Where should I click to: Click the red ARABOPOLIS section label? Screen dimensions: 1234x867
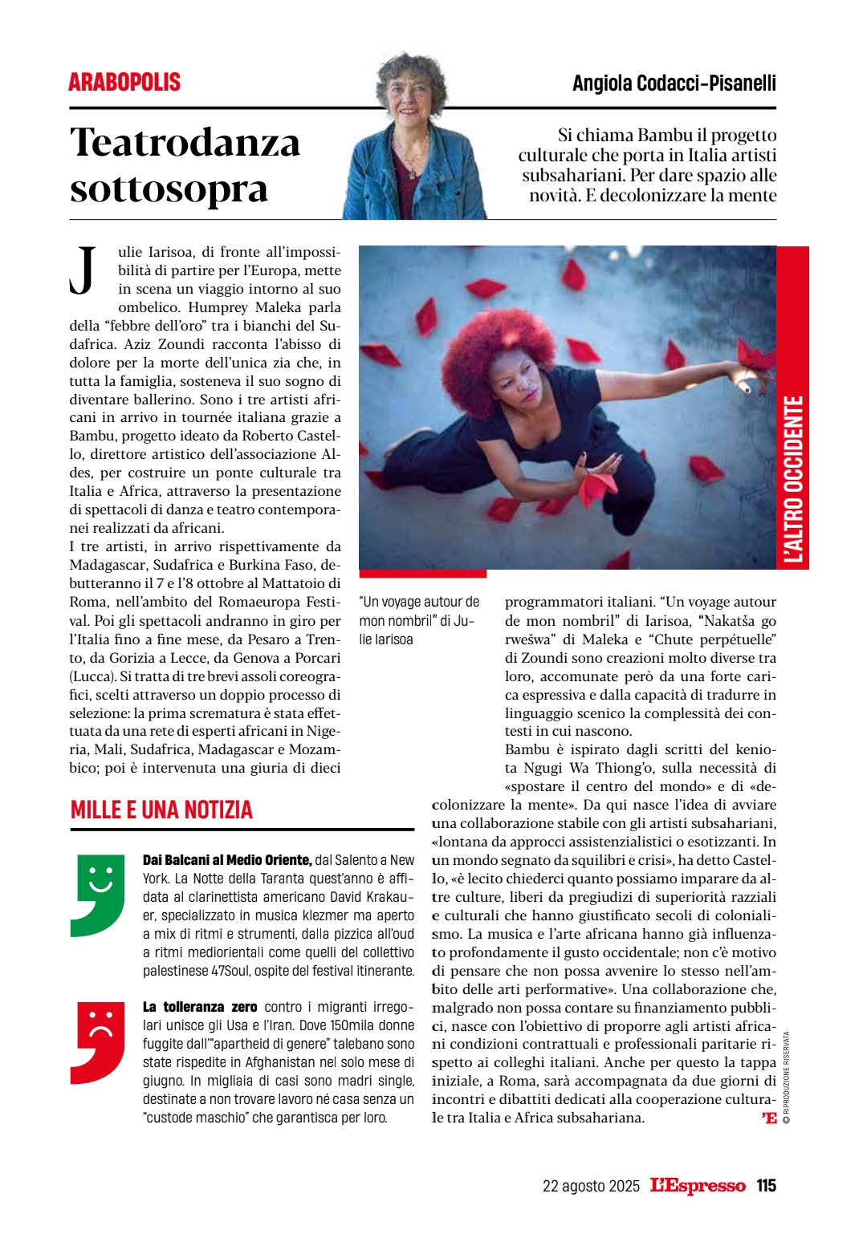pos(124,82)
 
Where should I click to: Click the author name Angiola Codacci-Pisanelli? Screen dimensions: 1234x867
pos(674,83)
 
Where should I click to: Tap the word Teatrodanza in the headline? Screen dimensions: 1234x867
pos(185,143)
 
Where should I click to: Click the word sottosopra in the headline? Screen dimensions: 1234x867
pos(169,189)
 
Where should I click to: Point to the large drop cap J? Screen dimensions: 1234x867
pos(83,270)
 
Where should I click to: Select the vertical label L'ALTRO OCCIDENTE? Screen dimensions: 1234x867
pos(793,479)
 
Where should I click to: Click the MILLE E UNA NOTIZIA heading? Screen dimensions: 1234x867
pos(161,810)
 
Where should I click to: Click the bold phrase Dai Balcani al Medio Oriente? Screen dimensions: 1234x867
pos(226,860)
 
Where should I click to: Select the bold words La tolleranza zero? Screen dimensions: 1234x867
pos(200,1007)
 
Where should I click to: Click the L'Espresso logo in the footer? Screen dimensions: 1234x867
pos(697,1185)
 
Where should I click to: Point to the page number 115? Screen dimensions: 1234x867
pos(766,1185)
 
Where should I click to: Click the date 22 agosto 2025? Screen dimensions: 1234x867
pos(591,1186)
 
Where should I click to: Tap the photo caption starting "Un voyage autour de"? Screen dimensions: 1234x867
pos(419,620)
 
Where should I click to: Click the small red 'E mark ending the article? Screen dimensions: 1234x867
pos(769,1118)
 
